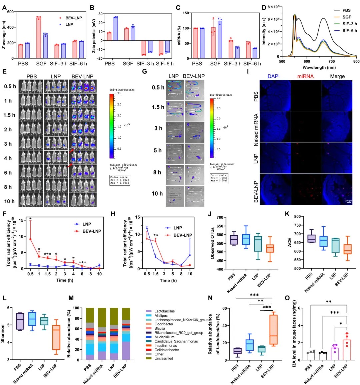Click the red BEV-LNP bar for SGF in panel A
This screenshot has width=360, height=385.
click(39, 37)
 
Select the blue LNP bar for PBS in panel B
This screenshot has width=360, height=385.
click(116, 28)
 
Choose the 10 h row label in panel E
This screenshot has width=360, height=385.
click(9, 201)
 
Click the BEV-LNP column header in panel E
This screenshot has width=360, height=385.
click(82, 76)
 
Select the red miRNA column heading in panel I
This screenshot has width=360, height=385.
click(305, 76)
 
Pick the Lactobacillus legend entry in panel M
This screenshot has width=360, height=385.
click(164, 311)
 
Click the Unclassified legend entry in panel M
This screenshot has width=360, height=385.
click(164, 358)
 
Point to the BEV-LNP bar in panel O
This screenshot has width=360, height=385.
click(347, 350)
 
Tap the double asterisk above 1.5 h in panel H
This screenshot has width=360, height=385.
click(156, 236)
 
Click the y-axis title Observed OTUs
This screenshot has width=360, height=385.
click(212, 243)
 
